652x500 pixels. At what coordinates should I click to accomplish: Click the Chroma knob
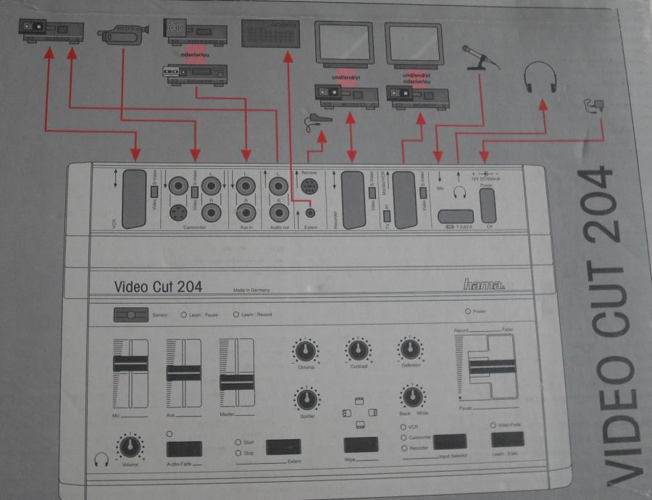(306, 352)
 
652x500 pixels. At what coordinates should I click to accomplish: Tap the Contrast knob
(356, 351)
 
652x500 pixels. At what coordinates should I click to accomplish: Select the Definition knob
(410, 351)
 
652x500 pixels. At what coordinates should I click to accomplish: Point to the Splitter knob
(306, 398)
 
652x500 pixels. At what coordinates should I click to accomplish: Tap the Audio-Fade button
(184, 449)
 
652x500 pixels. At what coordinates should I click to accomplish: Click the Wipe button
(360, 444)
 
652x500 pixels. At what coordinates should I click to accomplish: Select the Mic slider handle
(130, 363)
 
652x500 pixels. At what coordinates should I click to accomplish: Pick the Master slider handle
(236, 382)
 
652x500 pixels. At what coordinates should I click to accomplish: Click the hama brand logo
(484, 285)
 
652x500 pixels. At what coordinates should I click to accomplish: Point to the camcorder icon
(123, 33)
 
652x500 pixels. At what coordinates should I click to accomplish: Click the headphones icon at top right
(540, 77)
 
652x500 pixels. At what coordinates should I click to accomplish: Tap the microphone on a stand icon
(480, 57)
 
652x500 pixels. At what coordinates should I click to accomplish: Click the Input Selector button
(449, 441)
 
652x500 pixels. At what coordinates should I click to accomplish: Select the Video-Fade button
(507, 439)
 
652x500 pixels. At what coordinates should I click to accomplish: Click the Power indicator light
(468, 312)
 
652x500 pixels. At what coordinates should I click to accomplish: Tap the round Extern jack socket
(311, 212)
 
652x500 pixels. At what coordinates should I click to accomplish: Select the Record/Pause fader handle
(493, 369)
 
